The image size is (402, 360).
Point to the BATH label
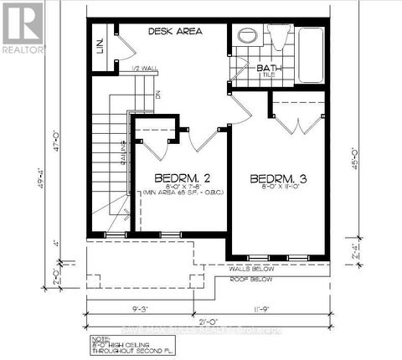pos(268,69)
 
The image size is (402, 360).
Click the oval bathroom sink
pos(247,36)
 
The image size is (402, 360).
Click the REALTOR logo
pos(22,27)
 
